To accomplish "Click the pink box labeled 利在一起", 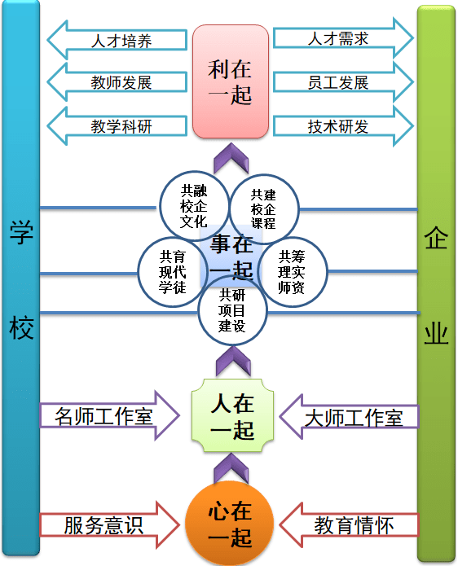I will click(x=231, y=81).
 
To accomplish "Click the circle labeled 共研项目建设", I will click(x=232, y=310).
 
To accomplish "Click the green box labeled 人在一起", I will click(x=232, y=415).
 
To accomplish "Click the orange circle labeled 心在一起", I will click(x=231, y=524).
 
